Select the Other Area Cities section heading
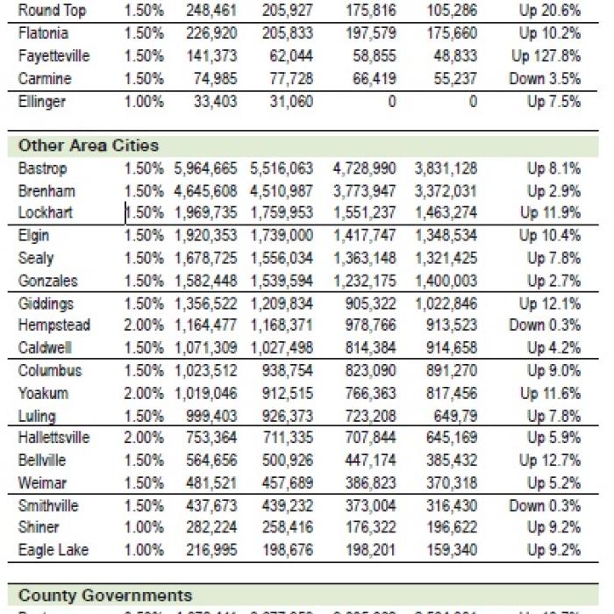[x=88, y=145]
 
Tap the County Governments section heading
[x=104, y=596]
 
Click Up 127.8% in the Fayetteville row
[x=546, y=56]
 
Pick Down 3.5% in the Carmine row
[x=544, y=78]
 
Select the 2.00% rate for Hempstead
[x=143, y=325]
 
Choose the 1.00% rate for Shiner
[x=143, y=527]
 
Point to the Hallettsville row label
[x=54, y=438]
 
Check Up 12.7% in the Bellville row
[x=549, y=460]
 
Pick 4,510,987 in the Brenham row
[x=281, y=190]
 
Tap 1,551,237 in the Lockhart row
[x=364, y=212]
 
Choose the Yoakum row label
[x=44, y=394]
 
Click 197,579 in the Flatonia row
[x=364, y=33]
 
